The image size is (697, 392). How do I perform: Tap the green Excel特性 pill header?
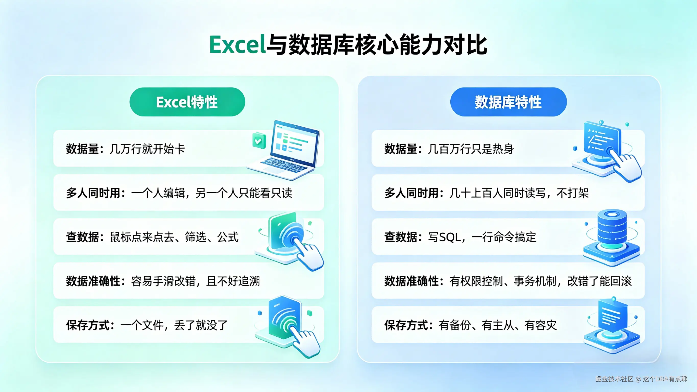187,102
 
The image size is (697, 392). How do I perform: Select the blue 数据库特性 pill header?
508,102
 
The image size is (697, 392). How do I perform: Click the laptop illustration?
284,150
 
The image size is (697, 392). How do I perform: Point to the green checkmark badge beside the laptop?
259,140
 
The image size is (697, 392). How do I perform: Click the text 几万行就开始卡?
147,149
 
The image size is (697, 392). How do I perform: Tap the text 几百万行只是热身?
471,149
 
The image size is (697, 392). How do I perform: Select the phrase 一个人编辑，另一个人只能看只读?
212,193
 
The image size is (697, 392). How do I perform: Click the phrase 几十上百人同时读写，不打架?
519,193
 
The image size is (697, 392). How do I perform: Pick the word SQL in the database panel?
450,237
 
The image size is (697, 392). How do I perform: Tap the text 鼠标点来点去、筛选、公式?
174,237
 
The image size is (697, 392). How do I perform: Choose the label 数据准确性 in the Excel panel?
93,281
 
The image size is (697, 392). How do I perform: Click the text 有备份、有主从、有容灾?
498,325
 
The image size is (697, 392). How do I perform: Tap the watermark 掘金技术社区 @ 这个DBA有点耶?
641,379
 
